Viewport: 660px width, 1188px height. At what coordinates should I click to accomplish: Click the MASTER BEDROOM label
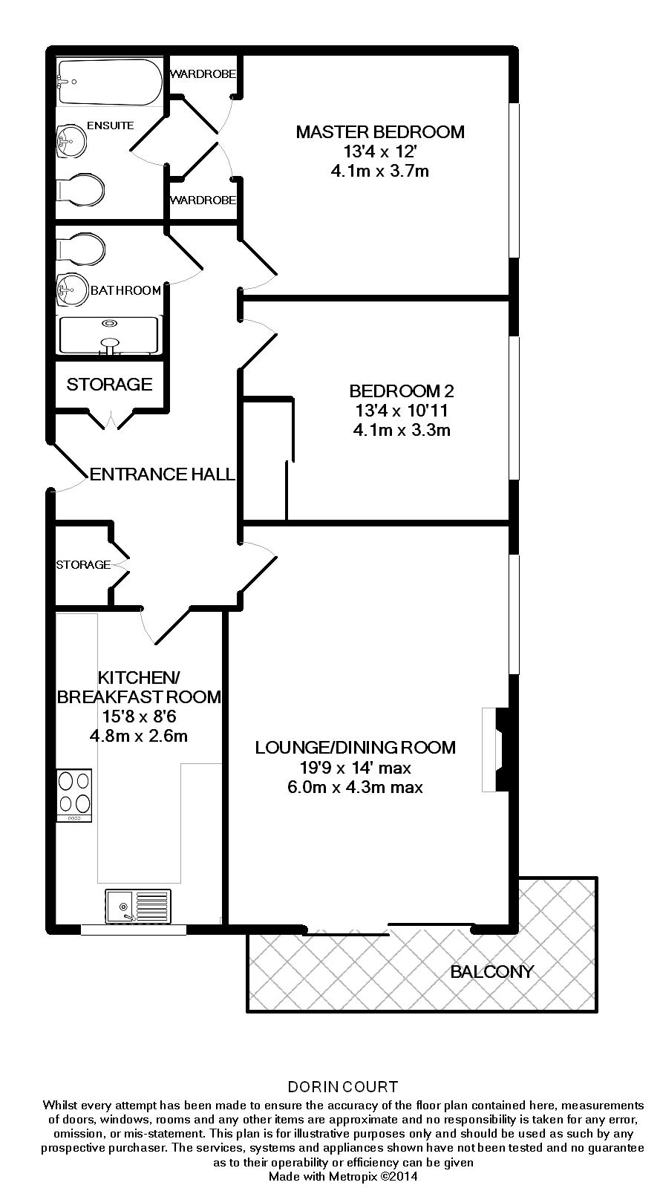pyautogui.click(x=380, y=132)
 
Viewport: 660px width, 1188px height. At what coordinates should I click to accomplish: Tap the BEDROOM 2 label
pyautogui.click(x=402, y=391)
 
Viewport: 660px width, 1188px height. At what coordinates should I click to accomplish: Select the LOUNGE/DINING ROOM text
pyautogui.click(x=355, y=747)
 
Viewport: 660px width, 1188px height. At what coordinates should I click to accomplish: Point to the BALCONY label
pyautogui.click(x=491, y=971)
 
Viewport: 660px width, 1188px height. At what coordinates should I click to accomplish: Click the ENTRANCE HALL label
pyautogui.click(x=163, y=474)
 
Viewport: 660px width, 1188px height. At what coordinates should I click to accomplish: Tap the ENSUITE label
pyautogui.click(x=111, y=125)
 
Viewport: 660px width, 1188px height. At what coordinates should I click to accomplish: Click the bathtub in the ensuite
pyautogui.click(x=109, y=82)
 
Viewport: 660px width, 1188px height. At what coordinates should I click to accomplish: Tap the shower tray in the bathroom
pyautogui.click(x=109, y=336)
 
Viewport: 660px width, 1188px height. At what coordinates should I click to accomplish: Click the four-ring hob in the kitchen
pyautogui.click(x=75, y=794)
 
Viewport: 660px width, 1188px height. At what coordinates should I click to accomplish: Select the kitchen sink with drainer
pyautogui.click(x=138, y=906)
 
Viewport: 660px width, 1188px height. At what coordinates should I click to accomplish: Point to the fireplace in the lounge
pyautogui.click(x=493, y=750)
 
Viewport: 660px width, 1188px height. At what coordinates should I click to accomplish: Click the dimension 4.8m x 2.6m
pyautogui.click(x=138, y=737)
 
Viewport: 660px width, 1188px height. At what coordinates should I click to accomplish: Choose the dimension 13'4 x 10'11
pyautogui.click(x=402, y=410)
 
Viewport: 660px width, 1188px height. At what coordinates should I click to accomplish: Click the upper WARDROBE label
pyautogui.click(x=203, y=74)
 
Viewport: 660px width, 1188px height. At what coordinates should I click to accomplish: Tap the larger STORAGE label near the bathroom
pyautogui.click(x=109, y=384)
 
